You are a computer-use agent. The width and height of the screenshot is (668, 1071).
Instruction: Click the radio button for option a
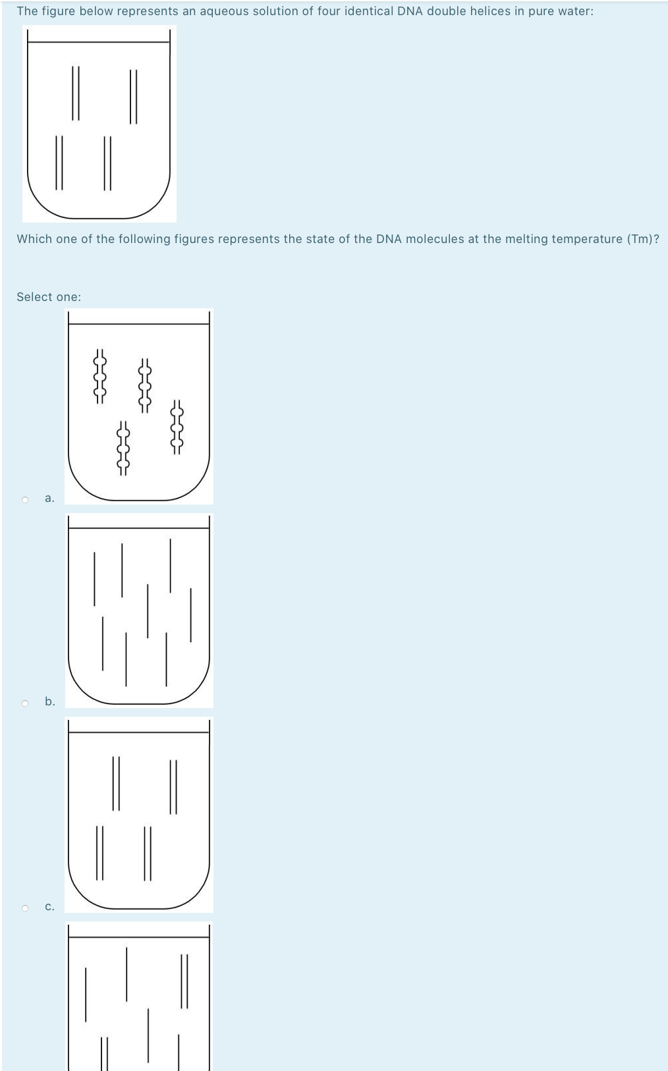[x=25, y=499]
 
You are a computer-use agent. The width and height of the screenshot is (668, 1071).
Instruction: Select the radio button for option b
[x=25, y=703]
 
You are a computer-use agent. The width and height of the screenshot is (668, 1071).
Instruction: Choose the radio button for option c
[x=25, y=908]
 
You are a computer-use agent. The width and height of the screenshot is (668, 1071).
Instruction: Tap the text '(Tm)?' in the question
[x=642, y=239]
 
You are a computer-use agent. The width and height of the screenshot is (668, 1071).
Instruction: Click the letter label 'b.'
[x=50, y=701]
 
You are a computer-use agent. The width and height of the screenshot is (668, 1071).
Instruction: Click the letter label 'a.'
[x=49, y=498]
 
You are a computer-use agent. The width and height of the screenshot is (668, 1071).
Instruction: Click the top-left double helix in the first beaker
[x=75, y=93]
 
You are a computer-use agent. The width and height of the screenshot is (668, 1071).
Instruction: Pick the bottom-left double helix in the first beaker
[x=59, y=163]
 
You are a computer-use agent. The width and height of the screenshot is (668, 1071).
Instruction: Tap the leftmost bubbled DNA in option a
[x=99, y=376]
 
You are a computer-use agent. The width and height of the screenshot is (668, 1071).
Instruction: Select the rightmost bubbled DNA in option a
[x=177, y=427]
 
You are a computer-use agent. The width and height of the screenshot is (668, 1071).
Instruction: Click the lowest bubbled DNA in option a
[x=123, y=449]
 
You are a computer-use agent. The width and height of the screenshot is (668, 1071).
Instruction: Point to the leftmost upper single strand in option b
[x=94, y=578]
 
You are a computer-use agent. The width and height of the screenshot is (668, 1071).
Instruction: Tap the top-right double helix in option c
[x=173, y=787]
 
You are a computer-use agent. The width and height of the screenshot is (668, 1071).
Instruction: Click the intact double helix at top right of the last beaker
[x=184, y=981]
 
